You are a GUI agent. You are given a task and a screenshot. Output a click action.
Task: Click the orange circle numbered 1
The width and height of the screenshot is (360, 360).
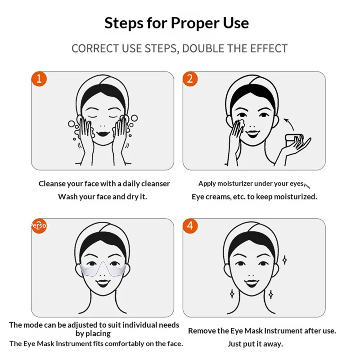(39, 79)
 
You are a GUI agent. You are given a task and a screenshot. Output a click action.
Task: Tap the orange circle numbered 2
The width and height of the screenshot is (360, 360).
(190, 79)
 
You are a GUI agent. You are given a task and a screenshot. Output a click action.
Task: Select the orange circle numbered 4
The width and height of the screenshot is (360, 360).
(190, 226)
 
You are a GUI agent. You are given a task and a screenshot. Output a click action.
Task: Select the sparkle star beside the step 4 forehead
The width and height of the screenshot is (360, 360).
(284, 260)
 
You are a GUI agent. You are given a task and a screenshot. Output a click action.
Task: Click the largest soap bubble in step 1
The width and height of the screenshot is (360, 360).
(134, 118)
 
